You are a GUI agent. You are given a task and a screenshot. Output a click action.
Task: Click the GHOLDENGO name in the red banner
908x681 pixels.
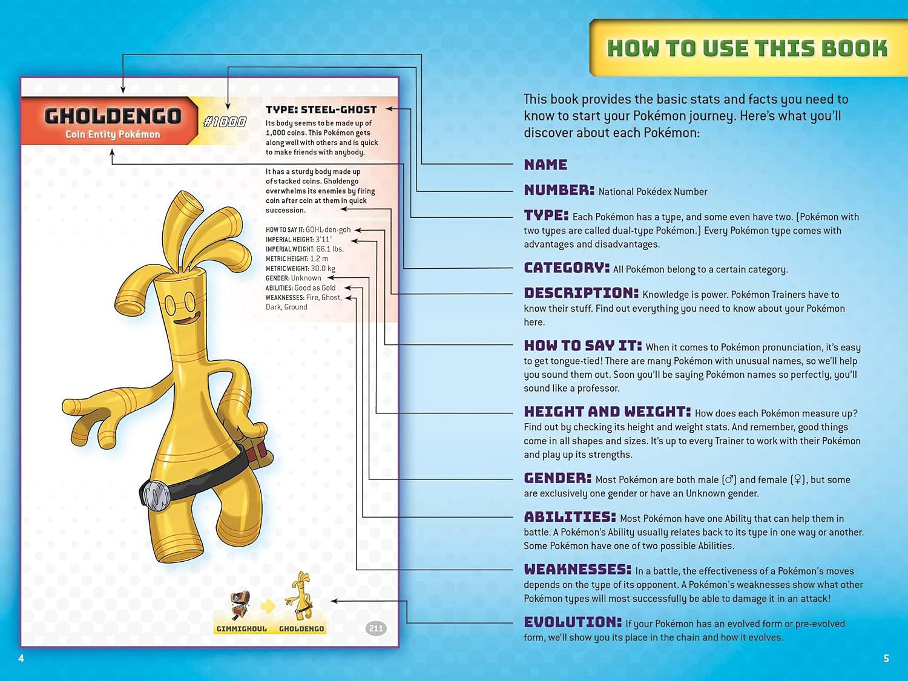113,115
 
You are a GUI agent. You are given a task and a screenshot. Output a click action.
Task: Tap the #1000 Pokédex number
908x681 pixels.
225,122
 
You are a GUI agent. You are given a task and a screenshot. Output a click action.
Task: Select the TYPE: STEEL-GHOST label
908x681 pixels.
321,110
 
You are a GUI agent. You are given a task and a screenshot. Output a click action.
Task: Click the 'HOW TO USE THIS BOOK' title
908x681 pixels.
747,48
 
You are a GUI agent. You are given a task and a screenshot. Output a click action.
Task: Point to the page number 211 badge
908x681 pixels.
376,628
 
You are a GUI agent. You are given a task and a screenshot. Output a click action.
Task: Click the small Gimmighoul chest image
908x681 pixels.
240,605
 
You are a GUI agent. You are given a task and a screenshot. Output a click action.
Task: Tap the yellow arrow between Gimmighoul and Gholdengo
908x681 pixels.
268,605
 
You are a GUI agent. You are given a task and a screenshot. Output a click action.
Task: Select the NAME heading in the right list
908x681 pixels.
545,165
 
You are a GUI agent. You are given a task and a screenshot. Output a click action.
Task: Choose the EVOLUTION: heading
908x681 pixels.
573,622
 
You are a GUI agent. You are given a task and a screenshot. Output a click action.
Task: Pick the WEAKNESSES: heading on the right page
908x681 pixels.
577,570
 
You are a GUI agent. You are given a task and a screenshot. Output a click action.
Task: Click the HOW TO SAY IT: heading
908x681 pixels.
582,346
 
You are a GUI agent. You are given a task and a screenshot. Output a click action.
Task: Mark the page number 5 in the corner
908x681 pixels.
886,658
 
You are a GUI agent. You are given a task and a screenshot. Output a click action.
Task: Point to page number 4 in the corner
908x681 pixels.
21,658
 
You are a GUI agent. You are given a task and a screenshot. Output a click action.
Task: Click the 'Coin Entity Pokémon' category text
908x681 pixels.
113,134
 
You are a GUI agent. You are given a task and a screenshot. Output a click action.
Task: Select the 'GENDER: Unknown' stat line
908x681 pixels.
294,278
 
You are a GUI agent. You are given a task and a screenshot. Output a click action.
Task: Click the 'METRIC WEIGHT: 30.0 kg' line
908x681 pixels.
300,269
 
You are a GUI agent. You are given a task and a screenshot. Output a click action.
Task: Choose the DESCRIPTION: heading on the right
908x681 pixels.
581,293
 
